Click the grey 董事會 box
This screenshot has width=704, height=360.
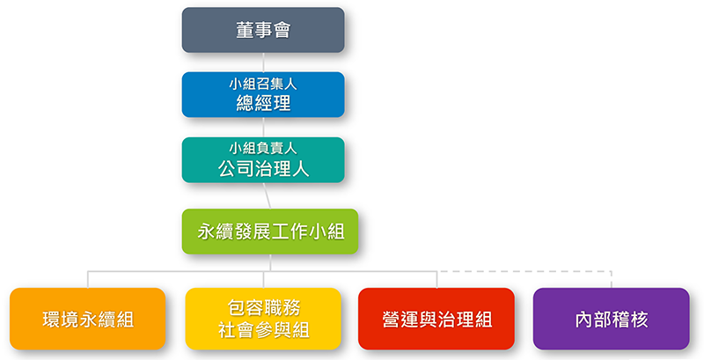263,30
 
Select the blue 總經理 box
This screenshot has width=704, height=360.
263,95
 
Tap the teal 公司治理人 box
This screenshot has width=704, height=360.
263,160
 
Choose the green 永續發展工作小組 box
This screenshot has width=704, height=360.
270,231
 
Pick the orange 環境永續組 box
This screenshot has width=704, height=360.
87,319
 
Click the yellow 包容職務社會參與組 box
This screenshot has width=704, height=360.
263,319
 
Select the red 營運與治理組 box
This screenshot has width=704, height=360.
436,319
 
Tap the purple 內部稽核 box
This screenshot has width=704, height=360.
611,319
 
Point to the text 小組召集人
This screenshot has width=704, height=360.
263,84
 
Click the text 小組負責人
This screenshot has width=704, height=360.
263,149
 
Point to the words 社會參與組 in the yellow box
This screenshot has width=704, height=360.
263,330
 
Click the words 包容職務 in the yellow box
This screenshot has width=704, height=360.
263,308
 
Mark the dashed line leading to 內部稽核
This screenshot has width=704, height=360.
526,272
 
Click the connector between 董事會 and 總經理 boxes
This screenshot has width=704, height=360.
263,62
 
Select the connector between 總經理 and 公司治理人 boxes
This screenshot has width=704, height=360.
263,128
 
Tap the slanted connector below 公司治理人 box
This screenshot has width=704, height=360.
267,195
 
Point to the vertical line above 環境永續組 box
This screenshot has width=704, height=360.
87,279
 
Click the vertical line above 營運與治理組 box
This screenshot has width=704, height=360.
436,279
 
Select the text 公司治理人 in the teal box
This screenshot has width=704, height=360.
263,169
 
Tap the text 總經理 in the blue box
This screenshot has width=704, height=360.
263,104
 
